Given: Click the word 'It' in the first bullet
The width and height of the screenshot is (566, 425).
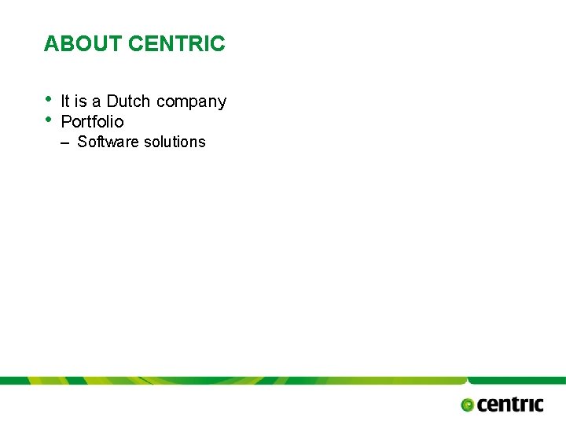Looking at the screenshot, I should pos(65,102).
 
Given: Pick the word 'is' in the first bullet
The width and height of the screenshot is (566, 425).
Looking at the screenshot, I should pos(81,102).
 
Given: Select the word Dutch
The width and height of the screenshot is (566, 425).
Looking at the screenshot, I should pos(128,102).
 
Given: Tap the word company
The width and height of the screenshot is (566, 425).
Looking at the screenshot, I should pos(191,102).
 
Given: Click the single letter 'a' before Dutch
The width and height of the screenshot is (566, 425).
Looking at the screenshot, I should pos(97,102).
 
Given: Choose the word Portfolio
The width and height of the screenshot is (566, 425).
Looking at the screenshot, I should pos(92,122).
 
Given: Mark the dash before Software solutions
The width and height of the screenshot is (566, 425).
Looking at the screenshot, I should pos(65,142).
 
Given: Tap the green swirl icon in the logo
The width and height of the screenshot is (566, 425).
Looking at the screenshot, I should pos(468,405).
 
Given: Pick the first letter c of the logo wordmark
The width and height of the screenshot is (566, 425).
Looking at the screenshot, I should pos(483,405).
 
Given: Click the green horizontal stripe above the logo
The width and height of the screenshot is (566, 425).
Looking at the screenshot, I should pos(283,380).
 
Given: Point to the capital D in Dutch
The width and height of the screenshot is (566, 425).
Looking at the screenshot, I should pos(112,102).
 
